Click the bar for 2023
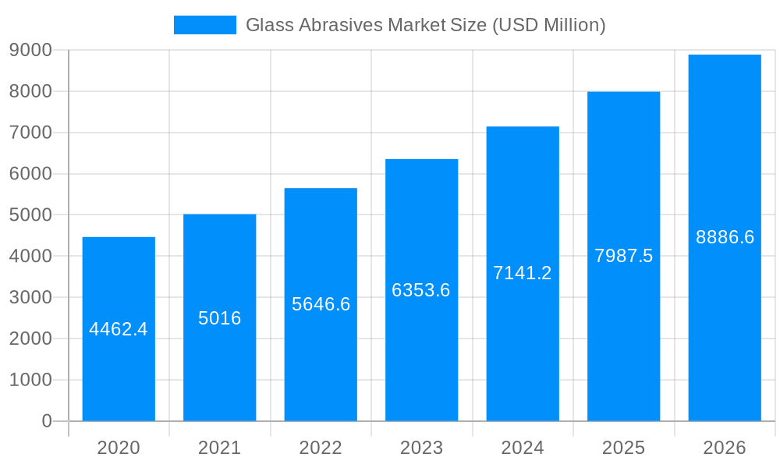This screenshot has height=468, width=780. pos(421,351)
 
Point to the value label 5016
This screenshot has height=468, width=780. pos(220,318)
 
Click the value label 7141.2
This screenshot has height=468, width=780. pos(523,273)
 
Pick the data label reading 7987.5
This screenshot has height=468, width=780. pos(623,256)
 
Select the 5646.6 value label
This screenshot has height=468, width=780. pos(321,304)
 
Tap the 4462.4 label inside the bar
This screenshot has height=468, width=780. pos(119,329)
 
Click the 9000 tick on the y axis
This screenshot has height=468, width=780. pos(30,51)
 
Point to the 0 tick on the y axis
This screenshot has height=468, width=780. pos(46,421)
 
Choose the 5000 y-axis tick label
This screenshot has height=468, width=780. pos(30,215)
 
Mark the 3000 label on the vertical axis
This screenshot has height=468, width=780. pos(30,298)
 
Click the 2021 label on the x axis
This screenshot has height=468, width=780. pos(220,448)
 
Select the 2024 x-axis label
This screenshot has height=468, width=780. pos(523,448)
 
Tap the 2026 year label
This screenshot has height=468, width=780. pos(725,448)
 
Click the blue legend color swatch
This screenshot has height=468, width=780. pos(204,25)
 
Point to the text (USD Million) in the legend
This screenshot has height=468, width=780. pos(548,25)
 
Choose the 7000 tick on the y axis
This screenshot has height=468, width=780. pos(30,133)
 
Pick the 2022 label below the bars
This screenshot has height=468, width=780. pos(321,448)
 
